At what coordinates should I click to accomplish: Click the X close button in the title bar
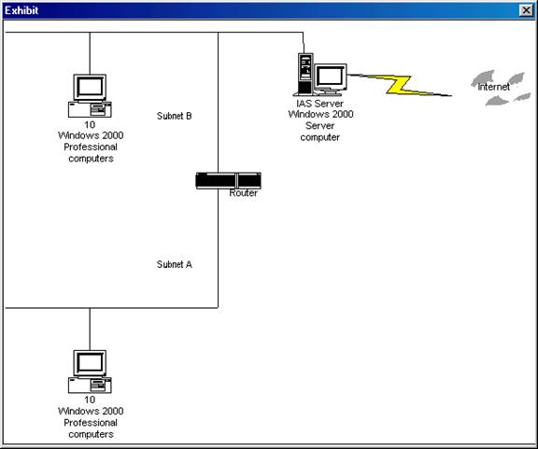click(x=526, y=10)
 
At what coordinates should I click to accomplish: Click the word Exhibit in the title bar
click(x=21, y=10)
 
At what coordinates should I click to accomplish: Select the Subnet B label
click(x=175, y=116)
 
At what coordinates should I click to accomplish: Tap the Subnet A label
click(x=175, y=264)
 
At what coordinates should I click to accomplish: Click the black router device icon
click(x=228, y=180)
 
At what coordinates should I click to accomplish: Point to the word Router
click(x=243, y=193)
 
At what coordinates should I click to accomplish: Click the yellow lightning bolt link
click(x=400, y=85)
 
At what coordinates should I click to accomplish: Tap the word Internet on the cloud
click(x=493, y=87)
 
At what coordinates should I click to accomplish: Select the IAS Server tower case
click(x=305, y=74)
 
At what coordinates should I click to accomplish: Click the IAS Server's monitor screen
click(x=330, y=77)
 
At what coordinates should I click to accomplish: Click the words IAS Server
click(x=319, y=104)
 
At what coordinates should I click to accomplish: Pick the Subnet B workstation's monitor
click(x=90, y=88)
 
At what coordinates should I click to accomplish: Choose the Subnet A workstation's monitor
click(x=90, y=363)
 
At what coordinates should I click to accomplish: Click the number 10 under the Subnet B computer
click(x=90, y=124)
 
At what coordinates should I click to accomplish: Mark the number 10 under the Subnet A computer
click(x=90, y=400)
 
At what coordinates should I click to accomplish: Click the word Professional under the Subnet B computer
click(x=91, y=147)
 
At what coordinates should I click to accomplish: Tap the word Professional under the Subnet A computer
click(x=91, y=423)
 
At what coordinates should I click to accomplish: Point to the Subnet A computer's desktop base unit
click(x=90, y=386)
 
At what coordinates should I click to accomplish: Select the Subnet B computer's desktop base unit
click(x=90, y=110)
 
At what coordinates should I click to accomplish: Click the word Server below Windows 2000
click(x=319, y=125)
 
